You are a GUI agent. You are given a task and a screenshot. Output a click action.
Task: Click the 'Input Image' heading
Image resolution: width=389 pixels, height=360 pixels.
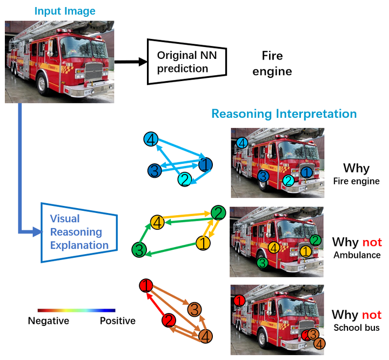click(65, 11)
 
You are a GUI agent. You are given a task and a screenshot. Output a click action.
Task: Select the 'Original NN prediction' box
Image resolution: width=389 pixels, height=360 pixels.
click(186, 62)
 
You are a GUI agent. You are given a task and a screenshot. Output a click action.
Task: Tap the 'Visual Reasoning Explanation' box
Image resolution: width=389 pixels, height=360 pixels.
click(79, 232)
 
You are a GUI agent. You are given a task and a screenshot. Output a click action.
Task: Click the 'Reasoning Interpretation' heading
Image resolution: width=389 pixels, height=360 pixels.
click(284, 114)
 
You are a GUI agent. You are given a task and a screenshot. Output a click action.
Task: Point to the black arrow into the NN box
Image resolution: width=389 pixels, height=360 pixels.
click(131, 62)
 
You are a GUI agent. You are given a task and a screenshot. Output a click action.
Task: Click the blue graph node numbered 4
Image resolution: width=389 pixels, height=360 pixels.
click(151, 139)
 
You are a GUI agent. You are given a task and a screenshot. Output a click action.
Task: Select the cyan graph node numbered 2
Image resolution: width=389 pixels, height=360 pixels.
click(185, 179)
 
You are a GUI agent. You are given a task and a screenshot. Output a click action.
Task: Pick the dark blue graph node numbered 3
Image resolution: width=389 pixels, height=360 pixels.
click(155, 170)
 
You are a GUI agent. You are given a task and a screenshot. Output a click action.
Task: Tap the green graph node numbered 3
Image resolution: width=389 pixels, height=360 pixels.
click(139, 250)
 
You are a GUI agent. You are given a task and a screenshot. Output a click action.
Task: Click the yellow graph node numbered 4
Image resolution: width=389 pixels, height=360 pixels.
click(158, 222)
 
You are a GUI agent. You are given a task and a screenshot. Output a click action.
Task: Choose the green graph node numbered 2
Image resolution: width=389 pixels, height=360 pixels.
click(218, 213)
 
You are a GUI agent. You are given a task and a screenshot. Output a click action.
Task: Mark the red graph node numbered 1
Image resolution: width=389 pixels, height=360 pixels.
click(146, 285)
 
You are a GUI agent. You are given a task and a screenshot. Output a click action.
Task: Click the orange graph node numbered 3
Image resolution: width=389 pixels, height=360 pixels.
click(194, 309)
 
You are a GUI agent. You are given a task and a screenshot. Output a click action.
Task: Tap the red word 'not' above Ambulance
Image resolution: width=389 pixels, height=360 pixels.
click(372, 242)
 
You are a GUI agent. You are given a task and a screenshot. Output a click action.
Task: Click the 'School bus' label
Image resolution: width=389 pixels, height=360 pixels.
click(357, 328)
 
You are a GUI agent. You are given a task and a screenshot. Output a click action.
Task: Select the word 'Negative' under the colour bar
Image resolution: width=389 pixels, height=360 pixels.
click(49, 321)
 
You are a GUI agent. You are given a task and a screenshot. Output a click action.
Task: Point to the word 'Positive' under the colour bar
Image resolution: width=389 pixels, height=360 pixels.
click(118, 321)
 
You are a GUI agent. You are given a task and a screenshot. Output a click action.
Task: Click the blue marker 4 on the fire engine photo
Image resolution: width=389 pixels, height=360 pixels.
click(242, 143)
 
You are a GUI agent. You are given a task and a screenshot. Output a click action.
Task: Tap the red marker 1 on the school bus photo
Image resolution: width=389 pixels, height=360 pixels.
click(239, 301)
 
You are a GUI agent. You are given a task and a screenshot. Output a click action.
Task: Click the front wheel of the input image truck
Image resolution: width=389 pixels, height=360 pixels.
click(43, 84)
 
